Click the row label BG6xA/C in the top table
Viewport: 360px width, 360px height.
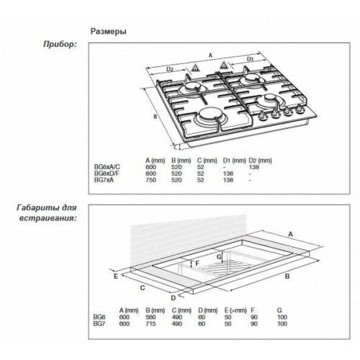click(x=107, y=166)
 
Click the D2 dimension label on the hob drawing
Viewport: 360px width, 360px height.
click(x=170, y=69)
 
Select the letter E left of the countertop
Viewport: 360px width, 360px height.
click(x=114, y=274)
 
